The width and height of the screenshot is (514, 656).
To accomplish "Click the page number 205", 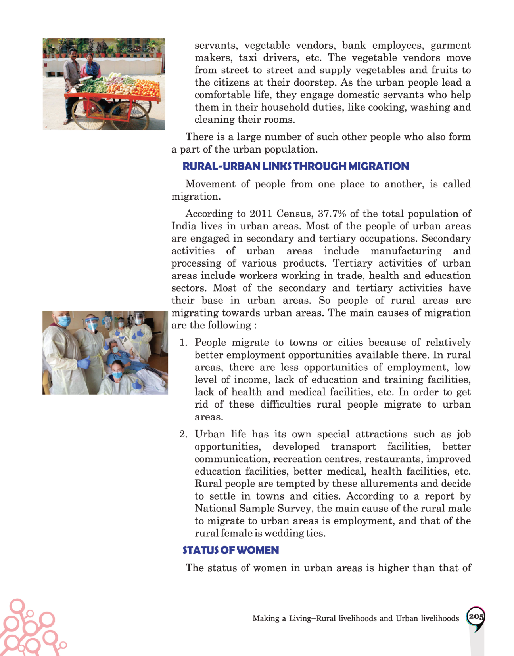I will pyautogui.click(x=476, y=617).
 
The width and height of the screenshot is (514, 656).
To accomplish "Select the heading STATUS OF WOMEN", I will pyautogui.click(x=230, y=550).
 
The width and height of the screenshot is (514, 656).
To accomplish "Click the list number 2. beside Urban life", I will pyautogui.click(x=183, y=434).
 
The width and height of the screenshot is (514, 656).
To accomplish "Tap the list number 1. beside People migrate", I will pyautogui.click(x=183, y=343).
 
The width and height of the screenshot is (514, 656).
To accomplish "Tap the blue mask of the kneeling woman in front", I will pyautogui.click(x=117, y=374).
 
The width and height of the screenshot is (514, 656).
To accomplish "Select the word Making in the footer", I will pyautogui.click(x=265, y=618).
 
